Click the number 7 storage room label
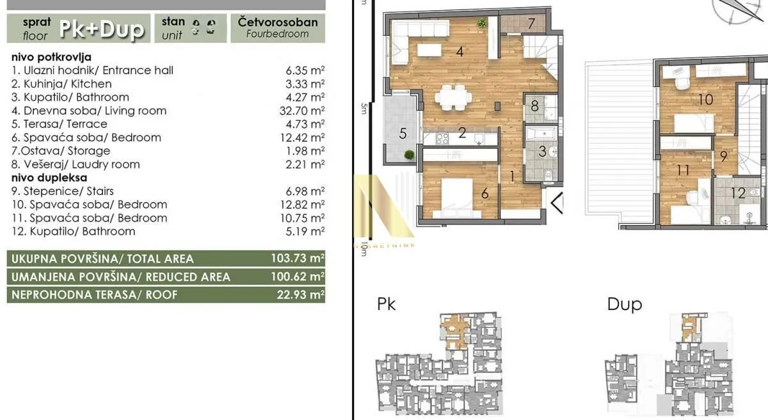531,24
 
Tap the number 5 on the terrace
403,134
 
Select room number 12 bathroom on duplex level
738,192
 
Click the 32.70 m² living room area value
305,111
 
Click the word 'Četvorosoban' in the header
277,22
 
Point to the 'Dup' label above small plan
624,304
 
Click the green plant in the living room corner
481,24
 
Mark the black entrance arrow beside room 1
557,203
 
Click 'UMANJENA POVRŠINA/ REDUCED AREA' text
118,277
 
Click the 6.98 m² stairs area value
305,191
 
